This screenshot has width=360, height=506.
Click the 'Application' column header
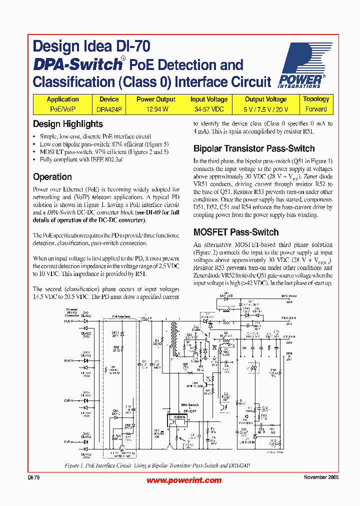click(62, 99)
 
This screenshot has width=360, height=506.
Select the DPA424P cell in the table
click(108, 109)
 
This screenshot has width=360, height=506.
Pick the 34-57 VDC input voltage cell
click(209, 109)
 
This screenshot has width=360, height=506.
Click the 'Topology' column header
click(316, 99)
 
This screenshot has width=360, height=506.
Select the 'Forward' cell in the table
click(316, 109)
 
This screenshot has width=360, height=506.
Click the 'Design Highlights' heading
click(68, 124)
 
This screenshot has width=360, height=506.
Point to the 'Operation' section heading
click(52, 176)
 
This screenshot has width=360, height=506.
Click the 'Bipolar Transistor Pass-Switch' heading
click(254, 148)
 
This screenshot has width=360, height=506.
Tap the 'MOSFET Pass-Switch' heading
click(236, 232)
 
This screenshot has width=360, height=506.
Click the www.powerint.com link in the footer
click(184, 480)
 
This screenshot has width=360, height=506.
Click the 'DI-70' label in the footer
click(33, 477)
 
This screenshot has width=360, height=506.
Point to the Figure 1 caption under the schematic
click(157, 465)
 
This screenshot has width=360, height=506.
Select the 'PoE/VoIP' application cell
click(62, 109)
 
